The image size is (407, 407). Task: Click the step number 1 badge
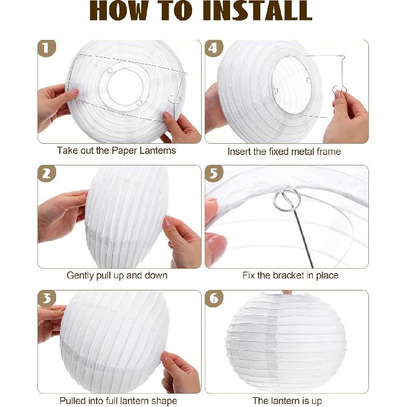(x=46, y=48)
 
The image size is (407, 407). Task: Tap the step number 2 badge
(x=46, y=173)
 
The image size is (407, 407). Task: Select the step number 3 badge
(x=46, y=298)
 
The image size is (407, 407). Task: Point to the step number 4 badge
(x=214, y=48)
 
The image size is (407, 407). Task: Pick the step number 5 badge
(x=214, y=173)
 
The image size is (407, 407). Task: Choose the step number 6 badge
(x=214, y=298)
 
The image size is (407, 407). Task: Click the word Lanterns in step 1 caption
(x=158, y=150)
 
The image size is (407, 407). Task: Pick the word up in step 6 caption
(x=316, y=402)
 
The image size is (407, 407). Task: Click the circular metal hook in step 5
(x=287, y=199)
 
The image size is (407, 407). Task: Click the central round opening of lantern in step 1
(x=125, y=87)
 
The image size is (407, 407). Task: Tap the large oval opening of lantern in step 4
(x=292, y=86)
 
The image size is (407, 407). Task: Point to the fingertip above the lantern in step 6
(x=287, y=292)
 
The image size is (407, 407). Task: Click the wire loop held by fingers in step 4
(x=339, y=90)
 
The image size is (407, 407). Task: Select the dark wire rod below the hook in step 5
(x=303, y=239)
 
